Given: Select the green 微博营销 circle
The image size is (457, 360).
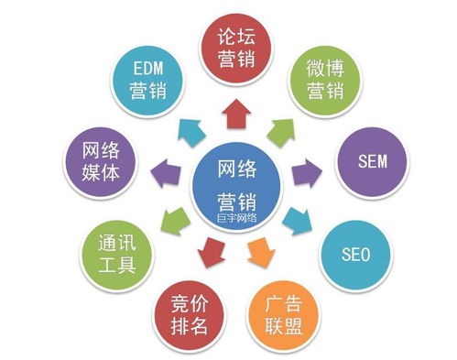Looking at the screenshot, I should click(x=323, y=80).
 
